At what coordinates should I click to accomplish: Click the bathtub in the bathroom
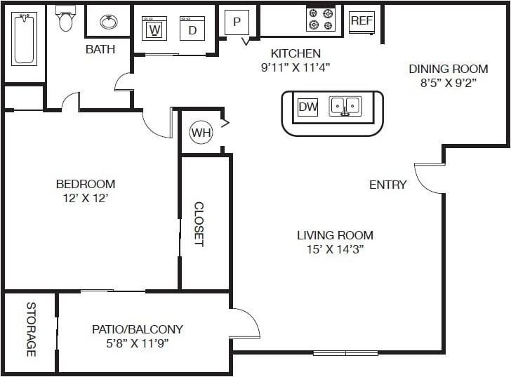click(x=24, y=41)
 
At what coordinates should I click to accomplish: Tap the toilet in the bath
click(x=66, y=20)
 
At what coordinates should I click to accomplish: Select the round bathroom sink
click(x=108, y=22)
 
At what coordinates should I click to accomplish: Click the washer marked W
click(x=154, y=29)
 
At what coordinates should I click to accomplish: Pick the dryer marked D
click(x=192, y=29)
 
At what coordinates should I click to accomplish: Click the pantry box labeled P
click(x=237, y=22)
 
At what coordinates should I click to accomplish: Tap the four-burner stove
click(x=320, y=19)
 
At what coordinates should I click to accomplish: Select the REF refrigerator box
click(x=361, y=20)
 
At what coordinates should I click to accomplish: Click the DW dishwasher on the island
click(x=307, y=107)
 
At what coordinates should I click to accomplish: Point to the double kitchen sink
click(x=345, y=106)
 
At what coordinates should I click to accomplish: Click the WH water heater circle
click(x=201, y=133)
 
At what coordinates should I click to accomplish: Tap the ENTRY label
click(x=388, y=185)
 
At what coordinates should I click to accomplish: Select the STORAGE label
click(x=31, y=329)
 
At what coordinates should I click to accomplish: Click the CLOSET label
click(x=199, y=225)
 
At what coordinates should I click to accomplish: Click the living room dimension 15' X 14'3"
click(x=335, y=249)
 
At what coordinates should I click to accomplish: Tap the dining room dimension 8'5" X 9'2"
click(x=448, y=82)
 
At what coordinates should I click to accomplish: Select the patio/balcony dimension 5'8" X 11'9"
click(x=138, y=343)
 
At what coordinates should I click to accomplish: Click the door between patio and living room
click(x=245, y=324)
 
